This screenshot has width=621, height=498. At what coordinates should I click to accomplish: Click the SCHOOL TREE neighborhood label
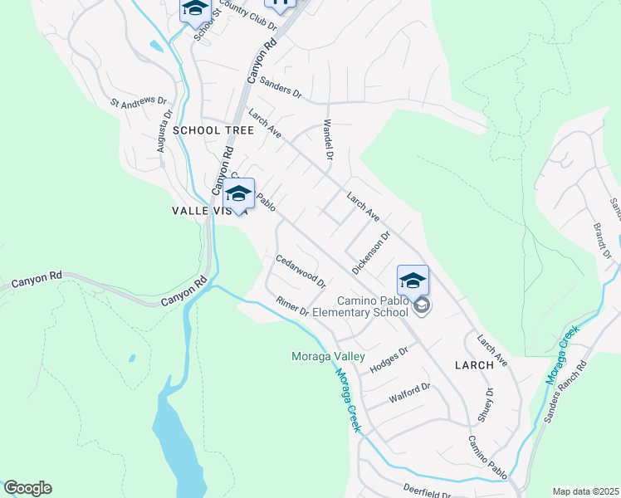click(x=208, y=130)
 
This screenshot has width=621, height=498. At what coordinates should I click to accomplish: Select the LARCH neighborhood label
click(x=474, y=364)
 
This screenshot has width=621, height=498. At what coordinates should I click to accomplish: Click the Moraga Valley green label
click(x=328, y=356)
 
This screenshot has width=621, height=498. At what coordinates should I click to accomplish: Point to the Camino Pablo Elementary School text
click(x=372, y=306)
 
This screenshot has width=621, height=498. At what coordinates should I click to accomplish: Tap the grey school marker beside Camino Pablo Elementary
click(x=422, y=307)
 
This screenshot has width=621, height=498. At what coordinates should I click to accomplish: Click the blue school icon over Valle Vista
click(x=238, y=194)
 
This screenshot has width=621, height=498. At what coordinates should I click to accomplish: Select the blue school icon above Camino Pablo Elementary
click(x=413, y=281)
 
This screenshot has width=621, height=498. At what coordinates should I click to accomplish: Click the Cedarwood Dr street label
click(x=301, y=271)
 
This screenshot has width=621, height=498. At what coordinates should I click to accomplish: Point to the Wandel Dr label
click(x=328, y=140)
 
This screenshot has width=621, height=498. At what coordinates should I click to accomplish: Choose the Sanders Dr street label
click(x=280, y=87)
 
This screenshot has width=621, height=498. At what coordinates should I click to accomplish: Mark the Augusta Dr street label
click(x=164, y=133)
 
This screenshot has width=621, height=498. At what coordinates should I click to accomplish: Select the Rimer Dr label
click(x=292, y=306)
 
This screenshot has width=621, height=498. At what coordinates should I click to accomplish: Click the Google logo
click(x=27, y=488)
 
